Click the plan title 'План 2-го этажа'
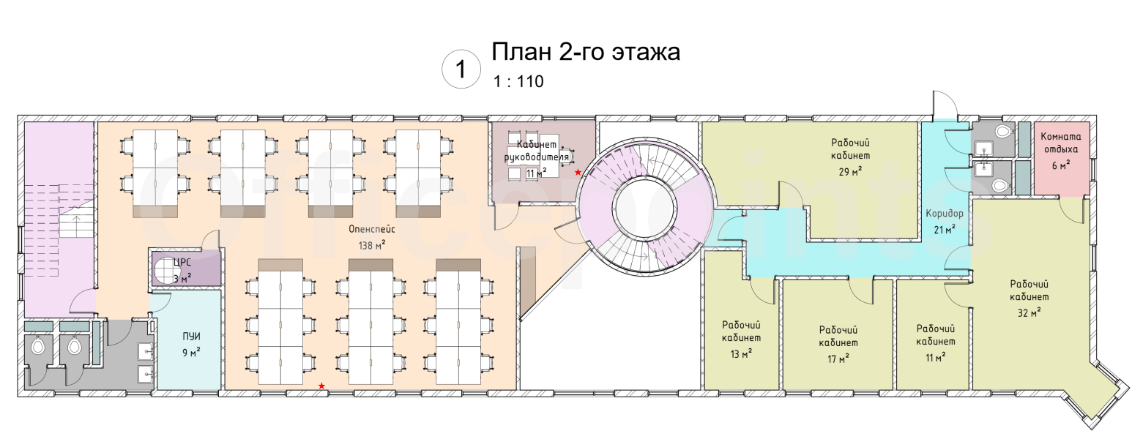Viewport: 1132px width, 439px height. [586, 53]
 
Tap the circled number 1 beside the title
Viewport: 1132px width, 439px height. [461, 70]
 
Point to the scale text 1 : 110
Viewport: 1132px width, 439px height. [518, 82]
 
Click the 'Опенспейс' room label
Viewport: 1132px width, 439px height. [371, 229]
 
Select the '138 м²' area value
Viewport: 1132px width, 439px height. [372, 246]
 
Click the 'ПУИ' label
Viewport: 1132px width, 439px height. [191, 337]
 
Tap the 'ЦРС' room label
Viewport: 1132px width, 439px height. [182, 263]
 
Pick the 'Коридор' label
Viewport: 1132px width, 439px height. [945, 214]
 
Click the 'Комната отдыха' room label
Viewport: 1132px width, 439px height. [1061, 143]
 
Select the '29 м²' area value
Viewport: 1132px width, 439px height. [850, 172]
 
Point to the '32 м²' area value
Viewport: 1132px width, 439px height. [1029, 313]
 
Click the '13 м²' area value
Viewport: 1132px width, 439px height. [741, 354]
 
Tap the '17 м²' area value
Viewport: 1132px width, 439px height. [838, 359]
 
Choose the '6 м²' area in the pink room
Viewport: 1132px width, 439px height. [1061, 165]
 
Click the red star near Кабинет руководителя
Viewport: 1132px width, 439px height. [578, 172]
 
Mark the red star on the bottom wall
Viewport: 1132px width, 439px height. [321, 386]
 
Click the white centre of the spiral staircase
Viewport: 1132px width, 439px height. [644, 208]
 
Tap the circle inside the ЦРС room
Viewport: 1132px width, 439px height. [165, 270]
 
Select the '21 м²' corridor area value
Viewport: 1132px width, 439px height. [944, 230]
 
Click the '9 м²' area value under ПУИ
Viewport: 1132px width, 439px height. [191, 353]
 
